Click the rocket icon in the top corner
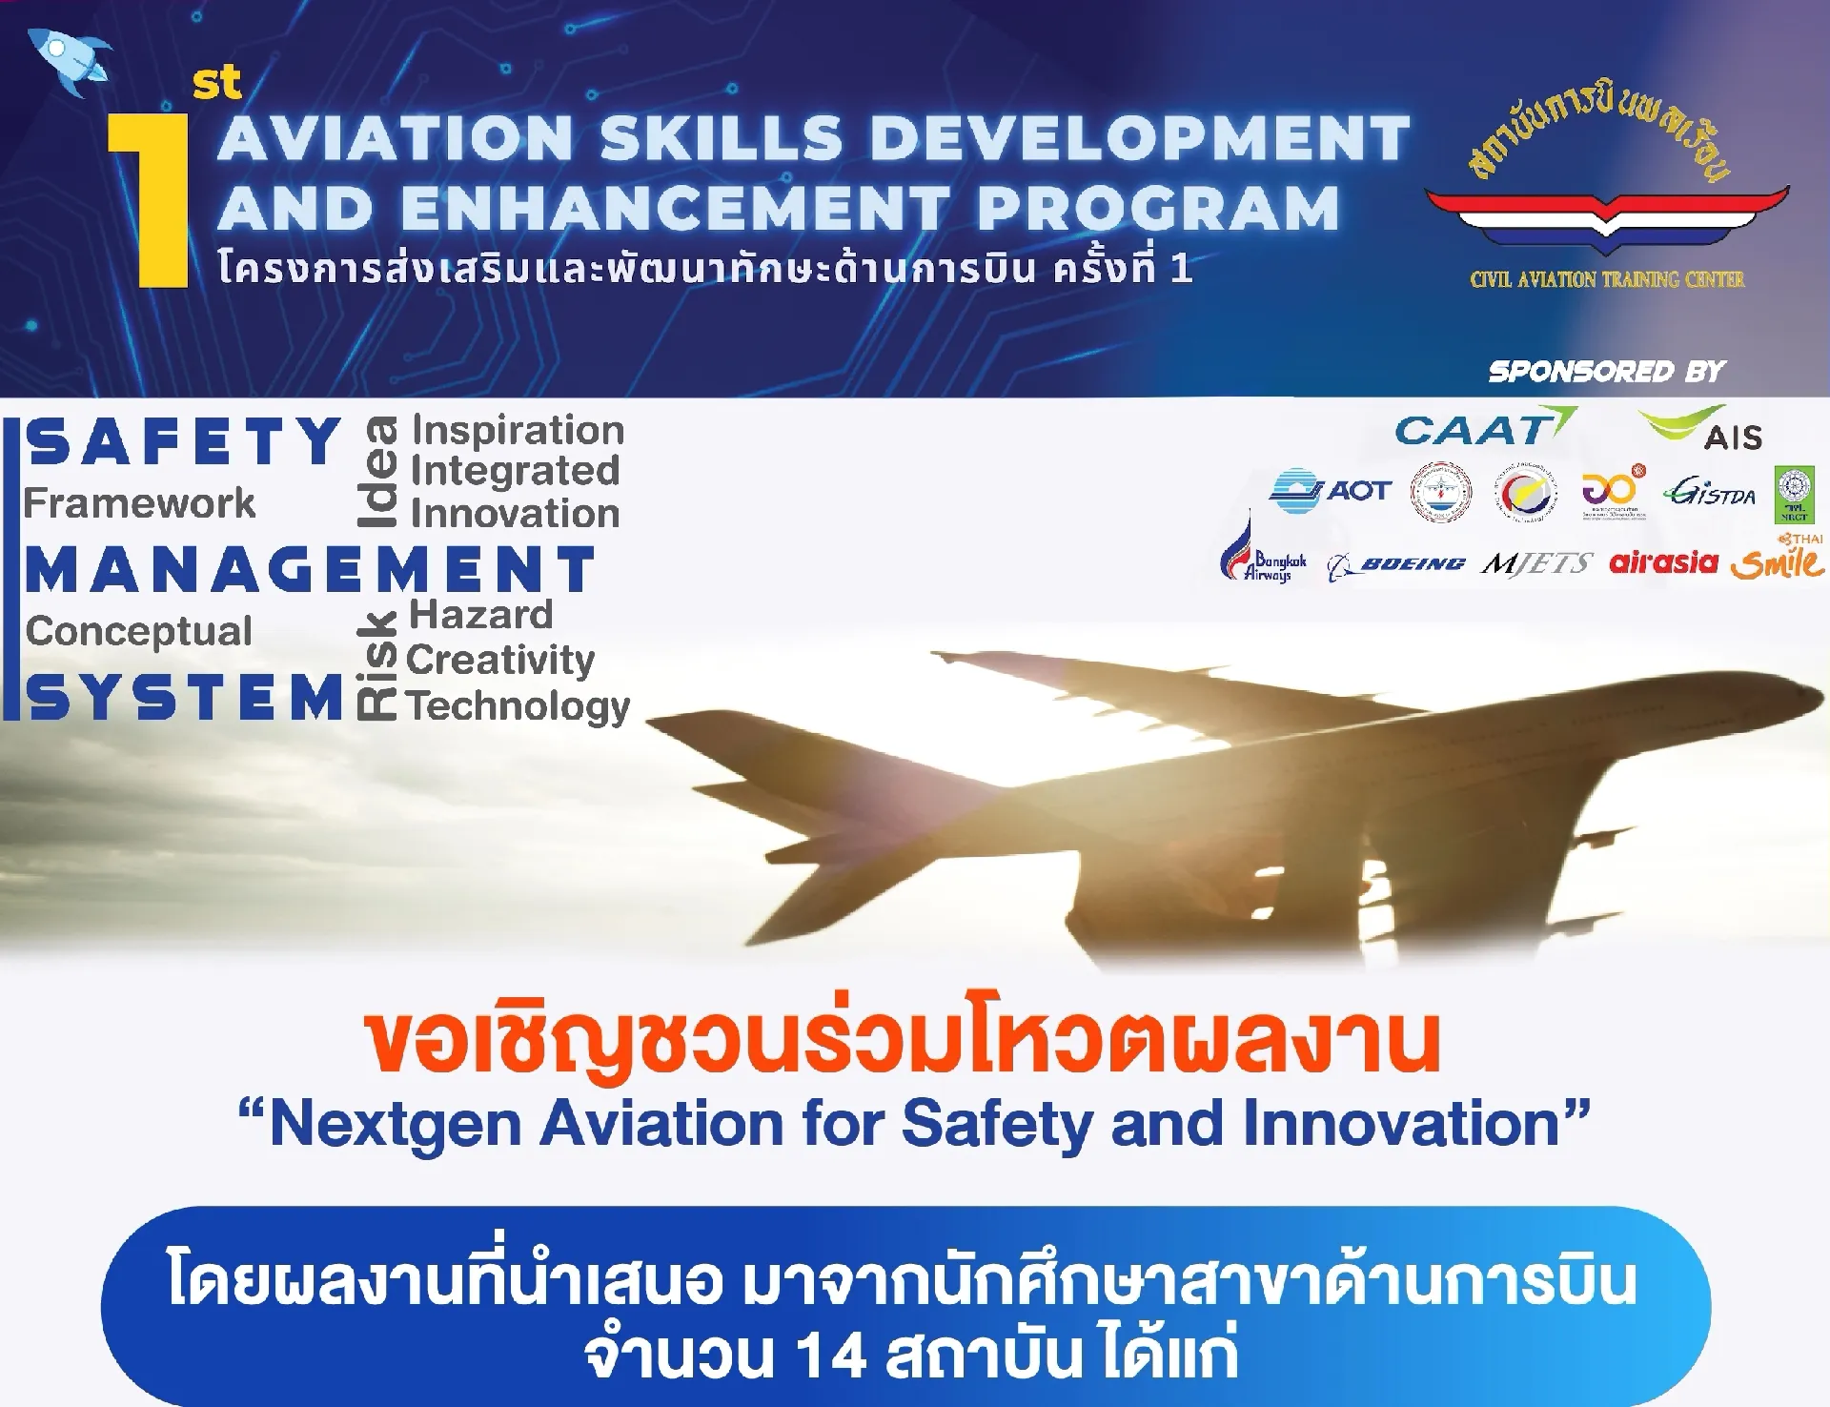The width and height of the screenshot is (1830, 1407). pyautogui.click(x=69, y=61)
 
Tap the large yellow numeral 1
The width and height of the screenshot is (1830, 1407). pyautogui.click(x=151, y=201)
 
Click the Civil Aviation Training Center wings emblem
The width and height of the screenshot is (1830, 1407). pyautogui.click(x=1607, y=214)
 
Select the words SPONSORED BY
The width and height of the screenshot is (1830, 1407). pyautogui.click(x=1607, y=371)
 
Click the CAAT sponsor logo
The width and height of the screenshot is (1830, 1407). pyautogui.click(x=1483, y=429)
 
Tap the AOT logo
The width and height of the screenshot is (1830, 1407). pyautogui.click(x=1331, y=490)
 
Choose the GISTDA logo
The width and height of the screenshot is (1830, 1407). pyautogui.click(x=1709, y=492)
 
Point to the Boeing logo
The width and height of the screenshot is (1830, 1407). pyautogui.click(x=1396, y=565)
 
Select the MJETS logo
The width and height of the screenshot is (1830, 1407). pyautogui.click(x=1536, y=563)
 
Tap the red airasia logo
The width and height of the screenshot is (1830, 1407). pyautogui.click(x=1663, y=562)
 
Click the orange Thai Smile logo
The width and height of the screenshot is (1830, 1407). pyautogui.click(x=1778, y=561)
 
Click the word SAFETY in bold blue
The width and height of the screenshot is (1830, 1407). pyautogui.click(x=183, y=441)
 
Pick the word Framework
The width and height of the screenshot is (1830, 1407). pyautogui.click(x=139, y=502)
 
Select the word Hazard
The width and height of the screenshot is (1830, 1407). pyautogui.click(x=480, y=615)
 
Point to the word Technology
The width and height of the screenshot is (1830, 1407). pyautogui.click(x=518, y=706)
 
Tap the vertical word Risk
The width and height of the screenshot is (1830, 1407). pyautogui.click(x=376, y=664)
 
